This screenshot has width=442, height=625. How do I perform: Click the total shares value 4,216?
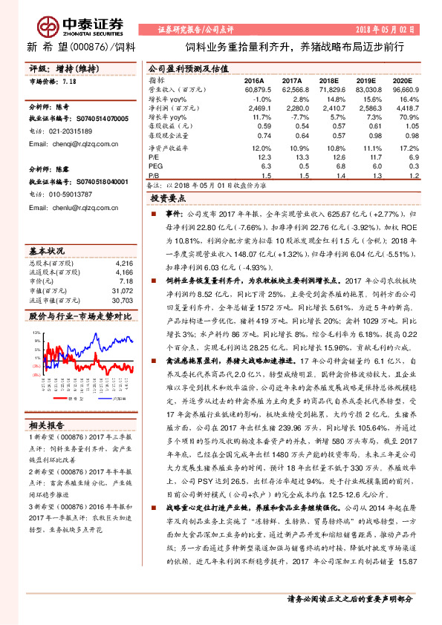pos(123,264)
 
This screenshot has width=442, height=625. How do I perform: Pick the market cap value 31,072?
pos(123,291)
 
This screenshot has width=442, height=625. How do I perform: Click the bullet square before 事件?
pos(155,213)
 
